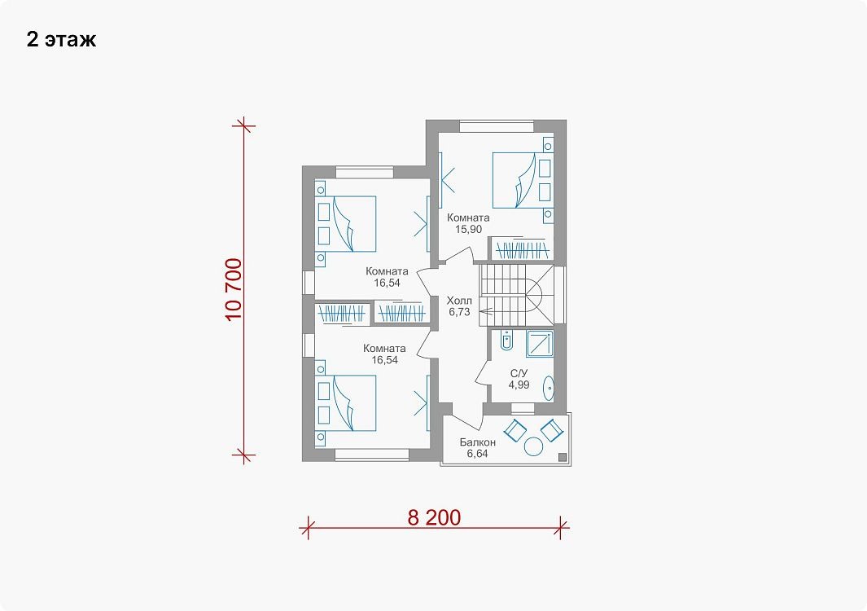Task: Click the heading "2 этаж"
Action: [x=61, y=39]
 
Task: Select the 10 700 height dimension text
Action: [x=234, y=289]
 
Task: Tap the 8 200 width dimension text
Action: [x=434, y=517]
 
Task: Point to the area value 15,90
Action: [x=468, y=229]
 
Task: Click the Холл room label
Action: [x=459, y=301]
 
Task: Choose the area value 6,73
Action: [x=459, y=311]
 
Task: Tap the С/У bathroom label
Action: [x=519, y=374]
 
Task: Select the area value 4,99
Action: [x=519, y=385]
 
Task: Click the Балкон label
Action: [x=478, y=442]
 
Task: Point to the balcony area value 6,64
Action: [x=478, y=454]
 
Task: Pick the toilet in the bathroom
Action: [x=506, y=340]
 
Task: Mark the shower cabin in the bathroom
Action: [x=540, y=344]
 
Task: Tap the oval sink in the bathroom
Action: [x=549, y=388]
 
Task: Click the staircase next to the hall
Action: [x=516, y=296]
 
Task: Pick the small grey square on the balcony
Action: [x=563, y=457]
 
